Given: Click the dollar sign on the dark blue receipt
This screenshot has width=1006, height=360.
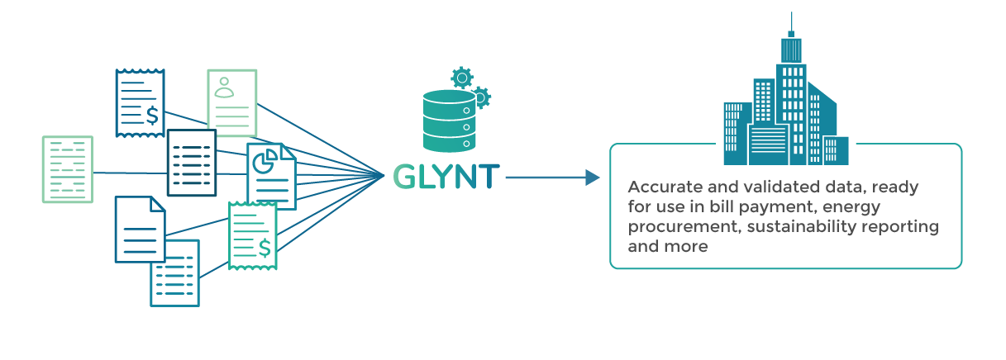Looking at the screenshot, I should click(152, 115).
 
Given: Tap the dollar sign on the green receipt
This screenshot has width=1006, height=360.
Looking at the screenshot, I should click(265, 246).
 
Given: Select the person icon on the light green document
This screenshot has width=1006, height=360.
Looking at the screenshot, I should click(224, 87).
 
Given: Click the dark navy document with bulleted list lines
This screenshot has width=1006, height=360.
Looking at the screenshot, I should click(191, 163).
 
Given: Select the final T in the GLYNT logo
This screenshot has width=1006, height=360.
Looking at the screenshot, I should click(489, 177).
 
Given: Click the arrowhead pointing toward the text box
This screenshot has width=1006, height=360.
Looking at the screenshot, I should click(591, 177).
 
